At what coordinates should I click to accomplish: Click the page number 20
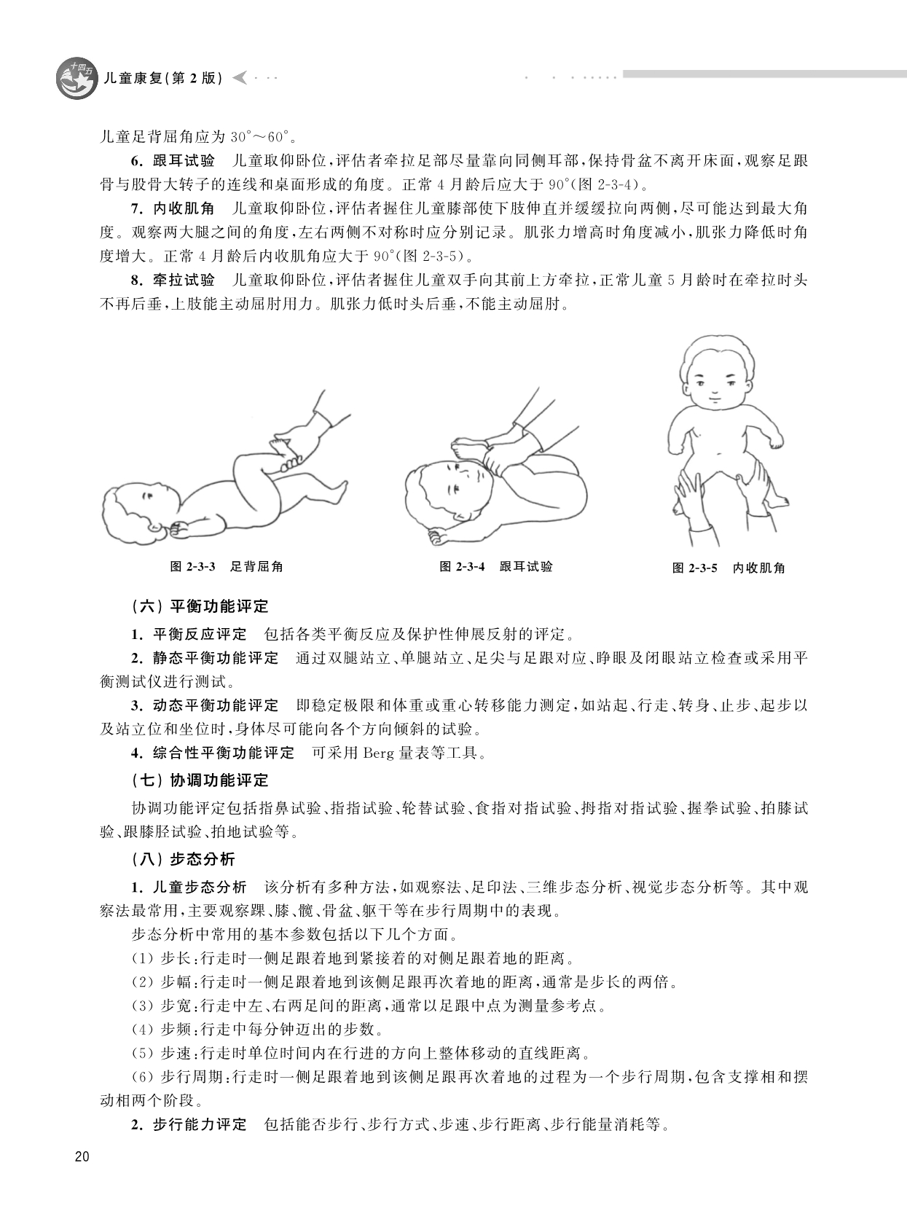[81, 1157]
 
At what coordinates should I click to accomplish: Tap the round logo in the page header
[76, 79]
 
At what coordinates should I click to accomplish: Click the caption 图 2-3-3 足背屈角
[226, 566]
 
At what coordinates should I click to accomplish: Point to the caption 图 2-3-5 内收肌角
[728, 568]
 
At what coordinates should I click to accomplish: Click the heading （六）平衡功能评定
[200, 606]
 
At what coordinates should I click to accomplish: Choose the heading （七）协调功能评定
[200, 780]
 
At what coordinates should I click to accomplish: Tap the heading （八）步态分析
[184, 859]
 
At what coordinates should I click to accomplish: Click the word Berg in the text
[378, 753]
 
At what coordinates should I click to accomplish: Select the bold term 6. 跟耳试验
[173, 161]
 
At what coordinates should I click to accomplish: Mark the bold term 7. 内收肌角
[173, 208]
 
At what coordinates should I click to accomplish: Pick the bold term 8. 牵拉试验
[173, 280]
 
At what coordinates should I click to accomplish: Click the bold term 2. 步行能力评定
[189, 1124]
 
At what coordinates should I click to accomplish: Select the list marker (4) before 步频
[142, 1030]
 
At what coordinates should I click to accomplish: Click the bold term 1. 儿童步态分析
[189, 887]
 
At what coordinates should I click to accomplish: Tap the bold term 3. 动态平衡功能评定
[205, 705]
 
